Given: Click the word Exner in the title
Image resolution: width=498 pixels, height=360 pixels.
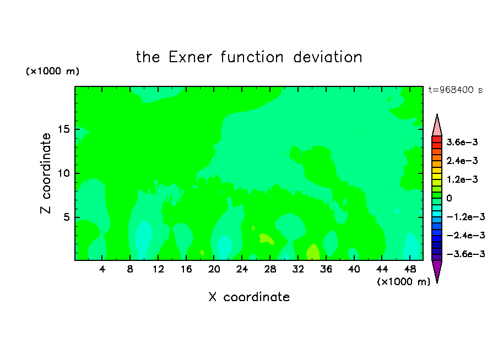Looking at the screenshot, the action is (190, 57).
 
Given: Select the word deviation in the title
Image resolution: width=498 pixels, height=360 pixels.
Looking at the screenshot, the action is (327, 57).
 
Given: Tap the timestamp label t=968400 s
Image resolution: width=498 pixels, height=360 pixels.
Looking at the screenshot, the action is (456, 90).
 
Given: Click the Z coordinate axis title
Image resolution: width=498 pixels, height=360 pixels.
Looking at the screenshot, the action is (46, 173).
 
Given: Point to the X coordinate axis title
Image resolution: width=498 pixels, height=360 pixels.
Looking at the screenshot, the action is (249, 297).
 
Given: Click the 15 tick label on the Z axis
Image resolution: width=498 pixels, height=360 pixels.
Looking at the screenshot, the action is (63, 129).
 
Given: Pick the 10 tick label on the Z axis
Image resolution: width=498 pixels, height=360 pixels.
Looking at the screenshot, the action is (63, 173).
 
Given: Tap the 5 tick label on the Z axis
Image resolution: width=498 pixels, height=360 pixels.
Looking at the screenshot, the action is (66, 217).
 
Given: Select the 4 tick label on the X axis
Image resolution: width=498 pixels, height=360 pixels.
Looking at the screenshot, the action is (102, 269).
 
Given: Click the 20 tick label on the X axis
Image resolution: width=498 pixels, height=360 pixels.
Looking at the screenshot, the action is (214, 269).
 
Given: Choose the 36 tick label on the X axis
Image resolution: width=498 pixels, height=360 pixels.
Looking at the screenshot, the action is (326, 269).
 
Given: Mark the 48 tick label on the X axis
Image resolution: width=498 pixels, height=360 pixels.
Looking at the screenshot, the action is (410, 269).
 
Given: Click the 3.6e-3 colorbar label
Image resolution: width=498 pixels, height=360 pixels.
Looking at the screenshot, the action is (462, 142).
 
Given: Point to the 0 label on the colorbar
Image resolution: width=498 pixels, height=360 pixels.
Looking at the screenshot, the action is (449, 198).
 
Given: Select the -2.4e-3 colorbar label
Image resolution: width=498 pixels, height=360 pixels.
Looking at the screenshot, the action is (465, 235).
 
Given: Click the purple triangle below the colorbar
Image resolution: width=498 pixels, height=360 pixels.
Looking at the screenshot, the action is (437, 270).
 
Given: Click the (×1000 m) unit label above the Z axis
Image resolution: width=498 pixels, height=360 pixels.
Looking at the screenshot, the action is (52, 71).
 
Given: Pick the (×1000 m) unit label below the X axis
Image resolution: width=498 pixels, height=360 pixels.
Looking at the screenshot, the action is (403, 282).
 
